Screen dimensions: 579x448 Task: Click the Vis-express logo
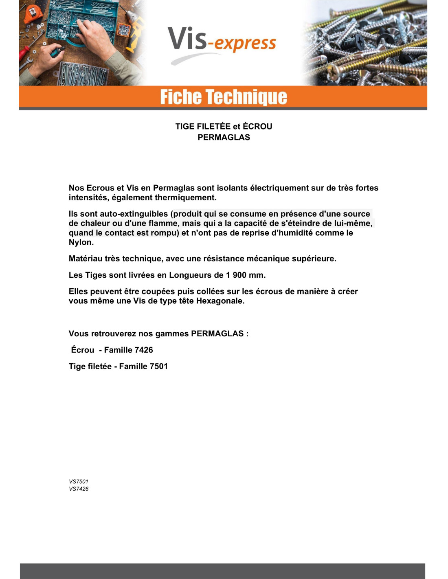(222, 43)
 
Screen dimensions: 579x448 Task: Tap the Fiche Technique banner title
(224, 97)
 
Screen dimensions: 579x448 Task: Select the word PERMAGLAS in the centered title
(224, 137)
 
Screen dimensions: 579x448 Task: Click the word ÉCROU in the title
(257, 126)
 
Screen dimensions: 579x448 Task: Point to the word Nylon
(80, 242)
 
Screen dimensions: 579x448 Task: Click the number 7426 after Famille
(143, 350)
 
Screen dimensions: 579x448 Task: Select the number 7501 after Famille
(158, 366)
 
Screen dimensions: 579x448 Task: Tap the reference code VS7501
(79, 481)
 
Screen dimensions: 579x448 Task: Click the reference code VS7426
(79, 489)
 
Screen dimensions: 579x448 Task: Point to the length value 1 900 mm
(245, 275)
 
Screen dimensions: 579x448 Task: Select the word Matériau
(85, 259)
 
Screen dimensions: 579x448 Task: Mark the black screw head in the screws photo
(359, 41)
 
